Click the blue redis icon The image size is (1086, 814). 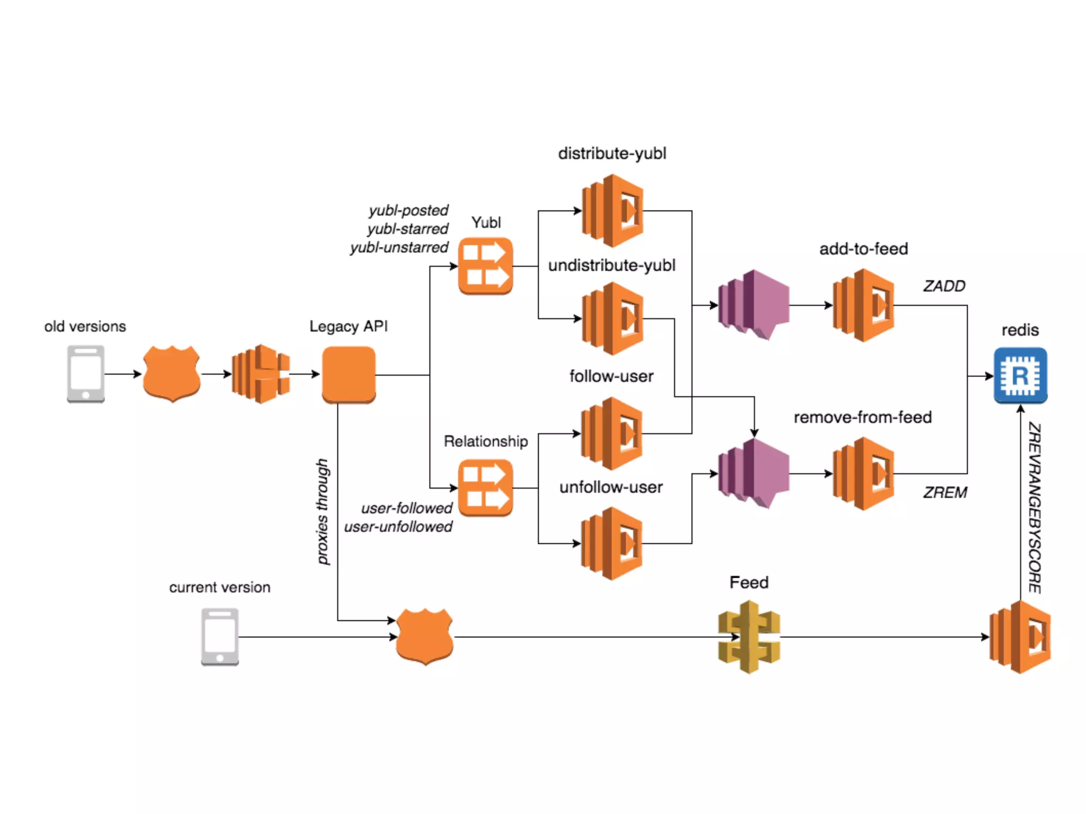point(1020,375)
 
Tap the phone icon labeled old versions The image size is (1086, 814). point(86,374)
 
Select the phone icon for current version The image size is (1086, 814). point(220,636)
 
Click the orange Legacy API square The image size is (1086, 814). point(348,375)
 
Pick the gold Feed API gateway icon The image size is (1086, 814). point(749,636)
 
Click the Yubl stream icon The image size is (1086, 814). point(485,266)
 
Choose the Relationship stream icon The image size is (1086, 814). point(485,488)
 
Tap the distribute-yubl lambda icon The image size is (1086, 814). point(612,211)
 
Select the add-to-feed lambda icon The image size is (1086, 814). point(863,305)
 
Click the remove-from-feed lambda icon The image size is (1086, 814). point(863,473)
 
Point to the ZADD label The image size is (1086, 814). point(944,286)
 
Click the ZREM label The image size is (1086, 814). point(944,492)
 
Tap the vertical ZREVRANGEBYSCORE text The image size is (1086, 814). point(1034,508)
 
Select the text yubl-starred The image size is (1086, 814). point(407,229)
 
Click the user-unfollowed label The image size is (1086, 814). point(398,527)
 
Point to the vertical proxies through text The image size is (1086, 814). point(322,511)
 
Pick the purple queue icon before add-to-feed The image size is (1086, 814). point(753,305)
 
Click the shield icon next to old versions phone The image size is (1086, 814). point(171,374)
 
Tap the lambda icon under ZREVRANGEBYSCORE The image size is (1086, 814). point(1020,636)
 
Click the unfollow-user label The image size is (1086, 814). point(611,487)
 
